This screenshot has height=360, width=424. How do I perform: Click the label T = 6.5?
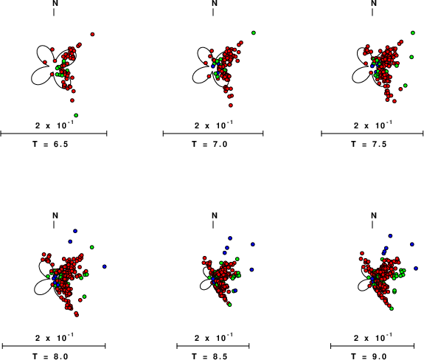click(x=50, y=144)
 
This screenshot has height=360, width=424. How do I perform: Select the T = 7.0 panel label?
click(x=209, y=144)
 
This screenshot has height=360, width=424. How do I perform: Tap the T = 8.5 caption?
click(x=209, y=356)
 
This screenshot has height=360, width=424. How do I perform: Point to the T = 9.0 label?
click(x=369, y=356)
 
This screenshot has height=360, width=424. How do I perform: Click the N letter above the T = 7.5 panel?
click(x=374, y=3)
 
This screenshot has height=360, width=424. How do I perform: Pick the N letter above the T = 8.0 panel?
click(x=55, y=215)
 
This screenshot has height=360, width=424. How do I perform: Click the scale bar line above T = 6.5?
click(x=54, y=134)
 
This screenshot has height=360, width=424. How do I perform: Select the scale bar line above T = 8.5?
click(x=213, y=346)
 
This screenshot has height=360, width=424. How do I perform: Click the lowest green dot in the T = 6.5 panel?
click(x=76, y=116)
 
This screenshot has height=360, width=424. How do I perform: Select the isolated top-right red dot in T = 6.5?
click(x=92, y=35)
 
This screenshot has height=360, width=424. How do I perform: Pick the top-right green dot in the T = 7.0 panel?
click(x=254, y=32)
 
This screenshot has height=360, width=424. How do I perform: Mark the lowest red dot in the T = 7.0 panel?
click(x=231, y=105)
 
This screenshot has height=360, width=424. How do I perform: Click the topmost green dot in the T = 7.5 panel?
click(x=413, y=32)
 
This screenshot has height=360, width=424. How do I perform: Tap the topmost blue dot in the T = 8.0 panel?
click(x=75, y=231)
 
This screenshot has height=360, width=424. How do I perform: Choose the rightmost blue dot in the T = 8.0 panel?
click(x=105, y=267)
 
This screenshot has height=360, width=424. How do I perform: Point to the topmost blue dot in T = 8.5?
click(x=230, y=238)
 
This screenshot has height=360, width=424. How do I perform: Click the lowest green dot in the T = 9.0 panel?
click(x=392, y=308)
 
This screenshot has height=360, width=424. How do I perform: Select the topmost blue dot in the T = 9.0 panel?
click(x=390, y=236)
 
